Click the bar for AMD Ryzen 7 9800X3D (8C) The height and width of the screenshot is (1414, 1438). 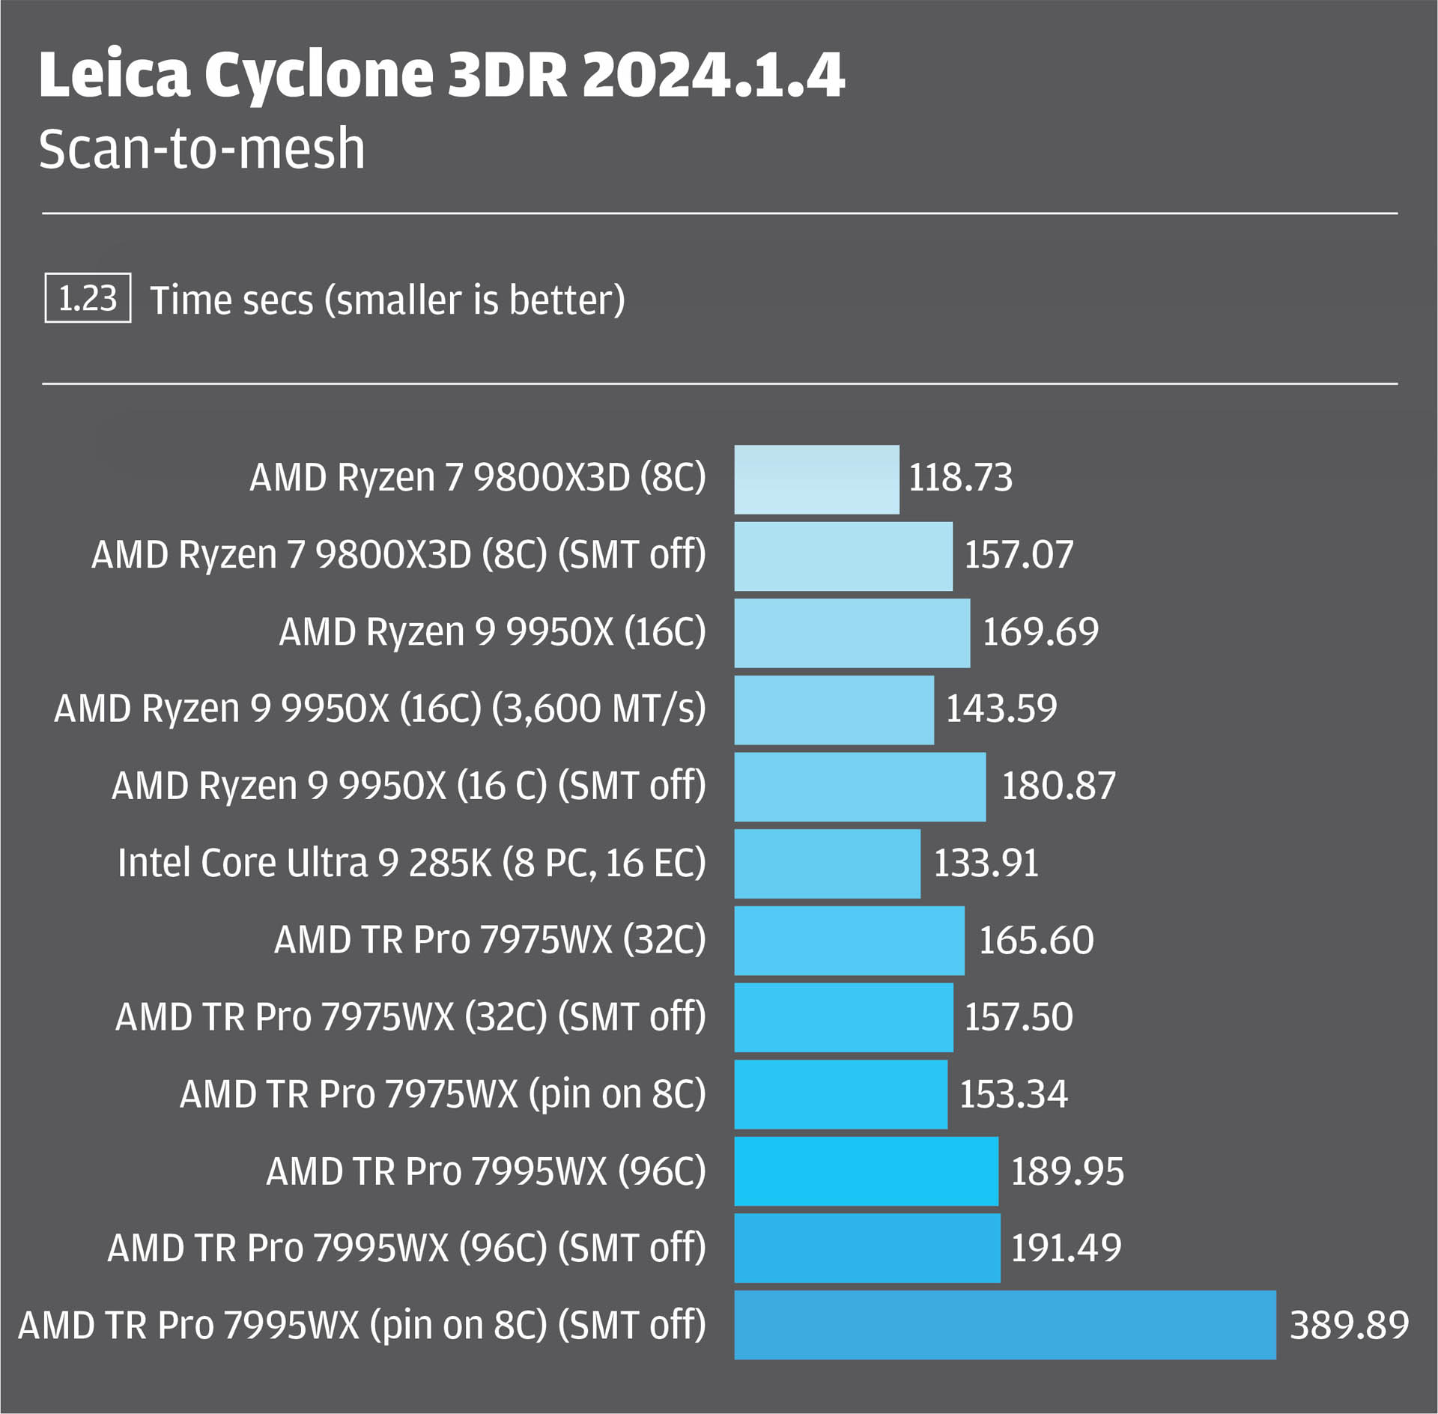tap(816, 479)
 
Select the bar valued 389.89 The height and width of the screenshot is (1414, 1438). tap(1004, 1325)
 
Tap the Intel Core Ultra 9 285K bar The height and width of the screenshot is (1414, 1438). tap(827, 864)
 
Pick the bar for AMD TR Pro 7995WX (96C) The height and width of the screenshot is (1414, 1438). tap(866, 1171)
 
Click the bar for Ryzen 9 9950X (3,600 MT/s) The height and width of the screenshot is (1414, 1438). tap(834, 710)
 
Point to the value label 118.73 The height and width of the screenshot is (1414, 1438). tap(960, 478)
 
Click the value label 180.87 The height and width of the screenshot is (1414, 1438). tap(1058, 786)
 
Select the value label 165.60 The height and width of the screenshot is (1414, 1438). tap(1036, 941)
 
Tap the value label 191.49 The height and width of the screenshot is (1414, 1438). tap(1066, 1248)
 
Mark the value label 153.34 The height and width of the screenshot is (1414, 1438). tap(1013, 1094)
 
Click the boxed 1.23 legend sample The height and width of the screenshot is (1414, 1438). tap(88, 298)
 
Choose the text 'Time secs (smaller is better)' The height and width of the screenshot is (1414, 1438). tap(387, 300)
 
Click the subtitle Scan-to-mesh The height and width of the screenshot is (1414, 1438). tap(201, 148)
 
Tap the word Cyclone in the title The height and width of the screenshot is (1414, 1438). tap(319, 76)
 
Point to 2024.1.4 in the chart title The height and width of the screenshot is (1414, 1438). tap(713, 75)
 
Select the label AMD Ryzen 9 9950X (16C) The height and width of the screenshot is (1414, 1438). tap(492, 632)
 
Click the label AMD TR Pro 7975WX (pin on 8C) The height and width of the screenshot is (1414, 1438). tap(443, 1094)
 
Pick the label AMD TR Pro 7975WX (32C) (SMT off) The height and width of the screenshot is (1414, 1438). tap(410, 1017)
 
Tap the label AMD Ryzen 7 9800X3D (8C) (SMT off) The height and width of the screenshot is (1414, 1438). tap(398, 555)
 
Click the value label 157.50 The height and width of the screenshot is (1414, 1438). tap(1019, 1017)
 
